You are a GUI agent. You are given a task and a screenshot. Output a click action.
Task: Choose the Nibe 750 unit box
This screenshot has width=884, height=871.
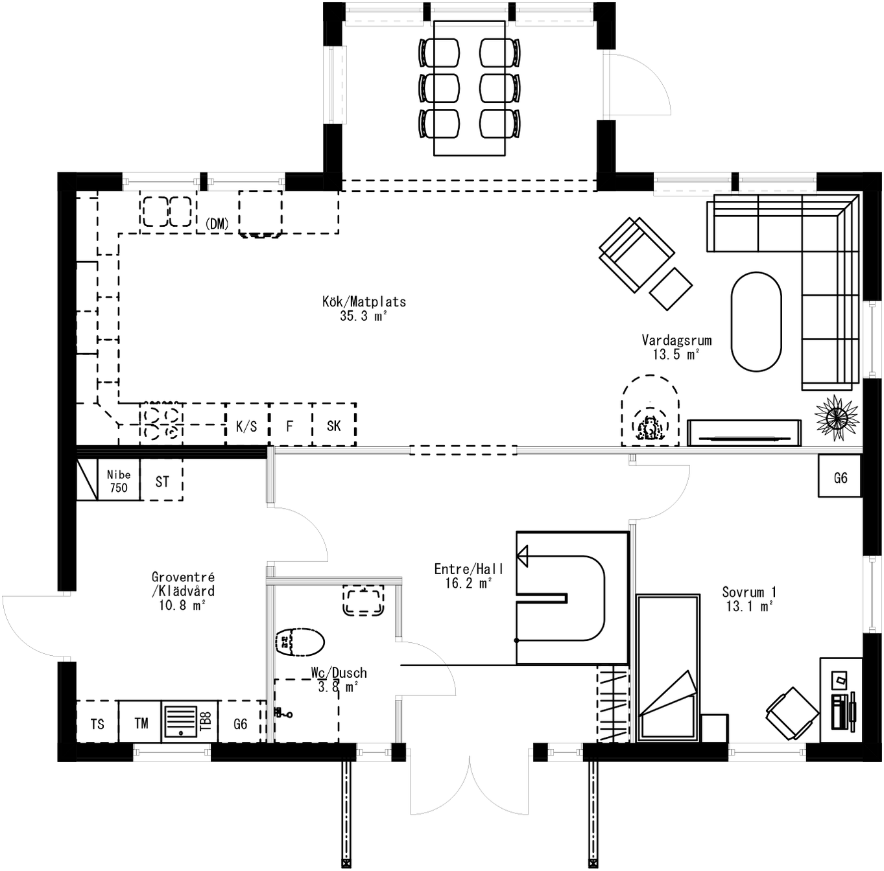point(119,481)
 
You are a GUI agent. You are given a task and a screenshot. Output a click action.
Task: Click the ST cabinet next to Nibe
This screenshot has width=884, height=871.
point(162,482)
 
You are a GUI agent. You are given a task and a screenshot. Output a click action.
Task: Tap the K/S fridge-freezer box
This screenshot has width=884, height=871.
point(246,426)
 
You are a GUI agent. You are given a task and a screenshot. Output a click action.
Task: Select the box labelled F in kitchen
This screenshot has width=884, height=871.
point(290,426)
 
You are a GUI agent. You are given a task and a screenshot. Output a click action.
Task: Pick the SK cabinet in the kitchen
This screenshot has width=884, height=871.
point(334,426)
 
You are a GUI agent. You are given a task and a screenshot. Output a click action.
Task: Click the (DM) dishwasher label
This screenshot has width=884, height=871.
point(217,224)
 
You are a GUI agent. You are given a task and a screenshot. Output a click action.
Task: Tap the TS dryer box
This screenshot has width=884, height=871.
point(97,723)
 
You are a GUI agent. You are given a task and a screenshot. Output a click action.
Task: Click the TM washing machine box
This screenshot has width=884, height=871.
point(141,723)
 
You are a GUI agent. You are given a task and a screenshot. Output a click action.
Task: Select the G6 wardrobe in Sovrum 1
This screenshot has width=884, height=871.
point(840,478)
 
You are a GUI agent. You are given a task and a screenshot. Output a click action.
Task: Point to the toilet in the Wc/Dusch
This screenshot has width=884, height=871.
point(300,642)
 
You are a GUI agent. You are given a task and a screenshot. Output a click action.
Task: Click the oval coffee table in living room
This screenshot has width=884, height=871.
point(756,322)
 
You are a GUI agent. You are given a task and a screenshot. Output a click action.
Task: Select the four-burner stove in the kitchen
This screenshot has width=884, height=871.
point(161,423)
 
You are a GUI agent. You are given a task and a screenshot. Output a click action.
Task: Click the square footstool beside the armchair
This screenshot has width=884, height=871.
point(671,288)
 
